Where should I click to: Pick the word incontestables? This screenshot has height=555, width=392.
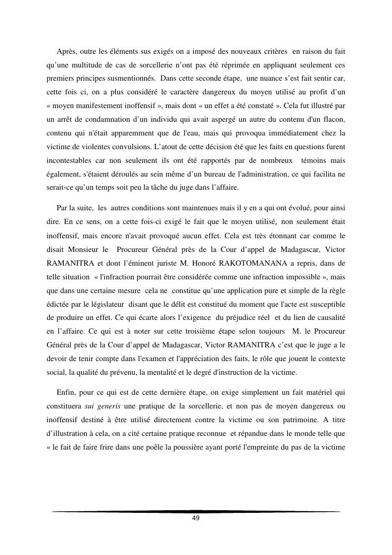pos(66,161)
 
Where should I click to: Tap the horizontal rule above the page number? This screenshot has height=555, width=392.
pos(195,511)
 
